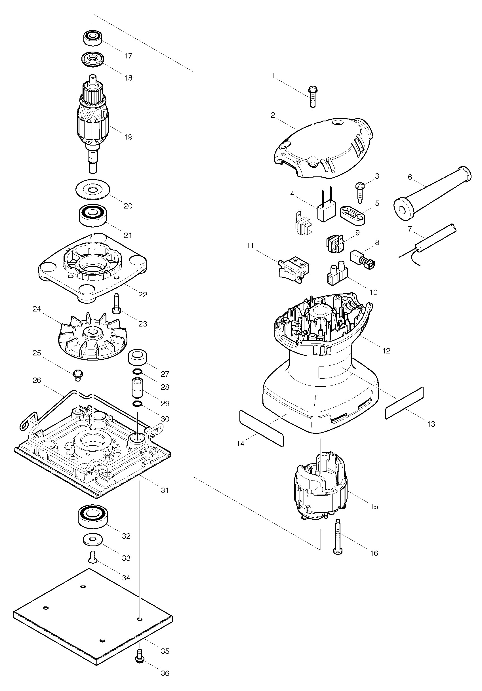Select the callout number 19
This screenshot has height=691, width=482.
(128, 137)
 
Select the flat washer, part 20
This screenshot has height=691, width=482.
(92, 190)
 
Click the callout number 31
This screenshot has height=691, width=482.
(165, 490)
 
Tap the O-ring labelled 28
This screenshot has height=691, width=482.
(137, 372)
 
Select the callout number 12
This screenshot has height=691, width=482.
(386, 351)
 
